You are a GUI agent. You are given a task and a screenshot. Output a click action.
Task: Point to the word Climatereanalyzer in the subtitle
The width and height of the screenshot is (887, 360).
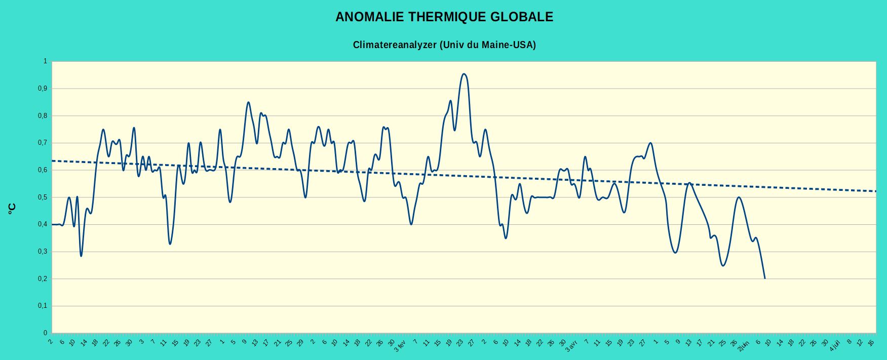(x=395, y=45)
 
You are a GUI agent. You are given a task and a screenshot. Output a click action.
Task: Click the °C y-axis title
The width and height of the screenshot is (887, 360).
(x=12, y=209)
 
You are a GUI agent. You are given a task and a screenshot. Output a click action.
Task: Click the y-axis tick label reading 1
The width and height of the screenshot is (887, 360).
(x=45, y=61)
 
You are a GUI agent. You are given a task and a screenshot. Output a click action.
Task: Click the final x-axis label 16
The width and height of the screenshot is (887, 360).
(x=871, y=343)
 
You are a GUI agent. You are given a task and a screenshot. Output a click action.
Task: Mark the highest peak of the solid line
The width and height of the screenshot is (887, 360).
(x=464, y=74)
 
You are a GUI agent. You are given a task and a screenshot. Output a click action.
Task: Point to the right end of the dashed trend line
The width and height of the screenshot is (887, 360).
(x=875, y=191)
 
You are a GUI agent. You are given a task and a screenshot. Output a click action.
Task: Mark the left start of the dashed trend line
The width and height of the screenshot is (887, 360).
(x=53, y=161)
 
